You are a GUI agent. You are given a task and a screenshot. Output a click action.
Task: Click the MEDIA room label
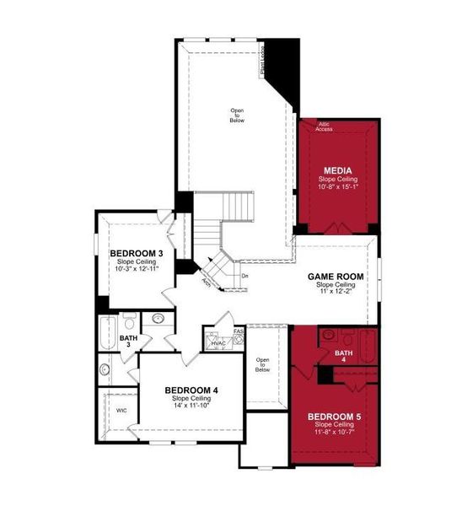tap(335, 170)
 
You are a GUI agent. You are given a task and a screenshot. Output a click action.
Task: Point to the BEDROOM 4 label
tap(191, 390)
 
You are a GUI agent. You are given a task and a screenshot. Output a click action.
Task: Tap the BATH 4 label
tap(344, 353)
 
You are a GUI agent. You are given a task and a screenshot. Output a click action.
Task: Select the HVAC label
tap(218, 343)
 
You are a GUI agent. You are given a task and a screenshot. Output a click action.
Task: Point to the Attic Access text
tap(325, 126)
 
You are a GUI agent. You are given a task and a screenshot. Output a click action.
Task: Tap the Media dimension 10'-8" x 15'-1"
tap(335, 188)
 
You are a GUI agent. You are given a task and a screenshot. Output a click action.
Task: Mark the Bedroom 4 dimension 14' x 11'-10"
tap(191, 405)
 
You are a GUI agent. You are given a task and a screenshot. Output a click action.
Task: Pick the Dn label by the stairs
tap(245, 276)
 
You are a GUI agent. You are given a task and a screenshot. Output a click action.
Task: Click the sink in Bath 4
tap(329, 335)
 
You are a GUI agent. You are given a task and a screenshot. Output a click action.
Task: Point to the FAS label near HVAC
tap(239, 331)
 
